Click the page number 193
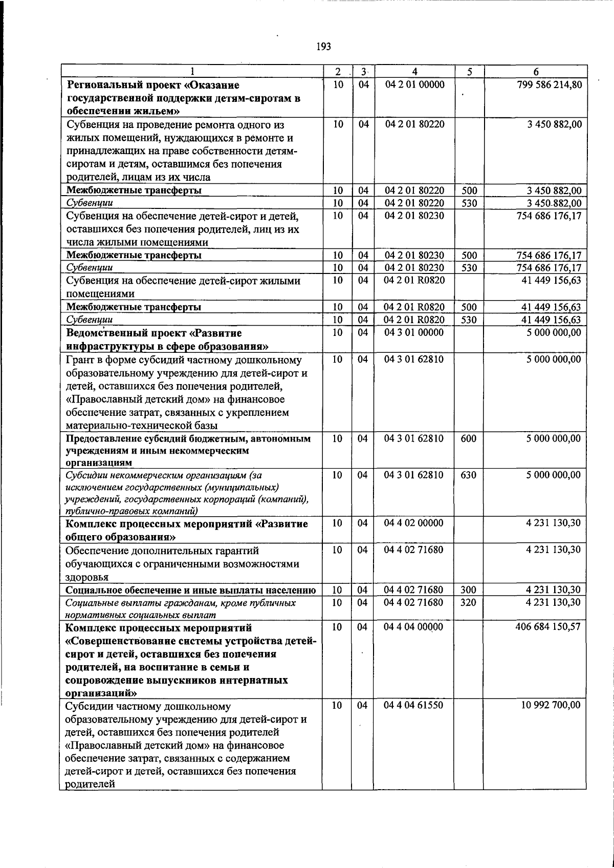pos(323,47)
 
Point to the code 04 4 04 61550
pos(414,705)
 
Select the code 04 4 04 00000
pos(414,627)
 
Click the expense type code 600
pos(468,438)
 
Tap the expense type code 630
pos(468,475)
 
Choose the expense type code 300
pos(468,590)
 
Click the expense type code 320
pos(468,602)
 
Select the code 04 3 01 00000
pos(414,332)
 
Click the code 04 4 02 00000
pos(414,523)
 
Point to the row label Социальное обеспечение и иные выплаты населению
pos(191,590)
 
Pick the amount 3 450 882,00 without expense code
pos(554,124)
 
